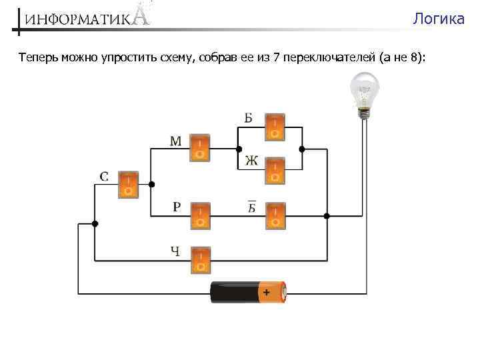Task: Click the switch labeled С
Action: [x=129, y=185]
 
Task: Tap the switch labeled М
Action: [x=199, y=148]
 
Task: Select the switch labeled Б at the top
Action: [x=275, y=127]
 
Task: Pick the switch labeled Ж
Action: [x=275, y=170]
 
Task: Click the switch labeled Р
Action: [x=199, y=215]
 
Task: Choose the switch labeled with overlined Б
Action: [x=275, y=215]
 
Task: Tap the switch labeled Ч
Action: [x=199, y=259]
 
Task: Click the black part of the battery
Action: [x=233, y=293]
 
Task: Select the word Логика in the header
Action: [x=438, y=19]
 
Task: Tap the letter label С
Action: [x=105, y=177]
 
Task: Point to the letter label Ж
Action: [x=251, y=161]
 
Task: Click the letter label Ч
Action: [x=175, y=251]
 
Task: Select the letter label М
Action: [x=175, y=141]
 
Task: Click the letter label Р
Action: [x=176, y=207]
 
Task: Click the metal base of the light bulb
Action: [x=365, y=113]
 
